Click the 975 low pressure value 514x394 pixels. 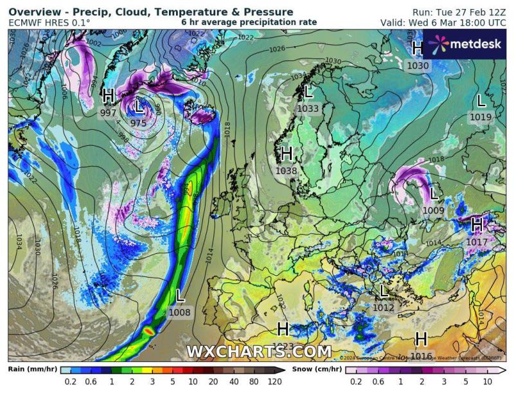point(138,123)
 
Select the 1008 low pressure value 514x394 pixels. point(180,312)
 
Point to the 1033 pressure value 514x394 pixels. point(308,109)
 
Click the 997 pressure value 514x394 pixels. point(109,113)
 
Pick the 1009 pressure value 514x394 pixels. point(434,210)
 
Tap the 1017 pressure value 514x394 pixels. point(477,242)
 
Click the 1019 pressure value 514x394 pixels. point(481,117)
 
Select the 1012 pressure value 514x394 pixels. point(384,308)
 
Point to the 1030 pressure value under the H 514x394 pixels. point(418,65)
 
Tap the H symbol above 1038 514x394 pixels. point(287,154)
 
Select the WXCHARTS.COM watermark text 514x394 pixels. point(259,352)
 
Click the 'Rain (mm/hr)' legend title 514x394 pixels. point(31,370)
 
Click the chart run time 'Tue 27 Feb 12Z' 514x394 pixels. point(459,12)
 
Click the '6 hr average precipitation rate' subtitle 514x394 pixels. point(249,22)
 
